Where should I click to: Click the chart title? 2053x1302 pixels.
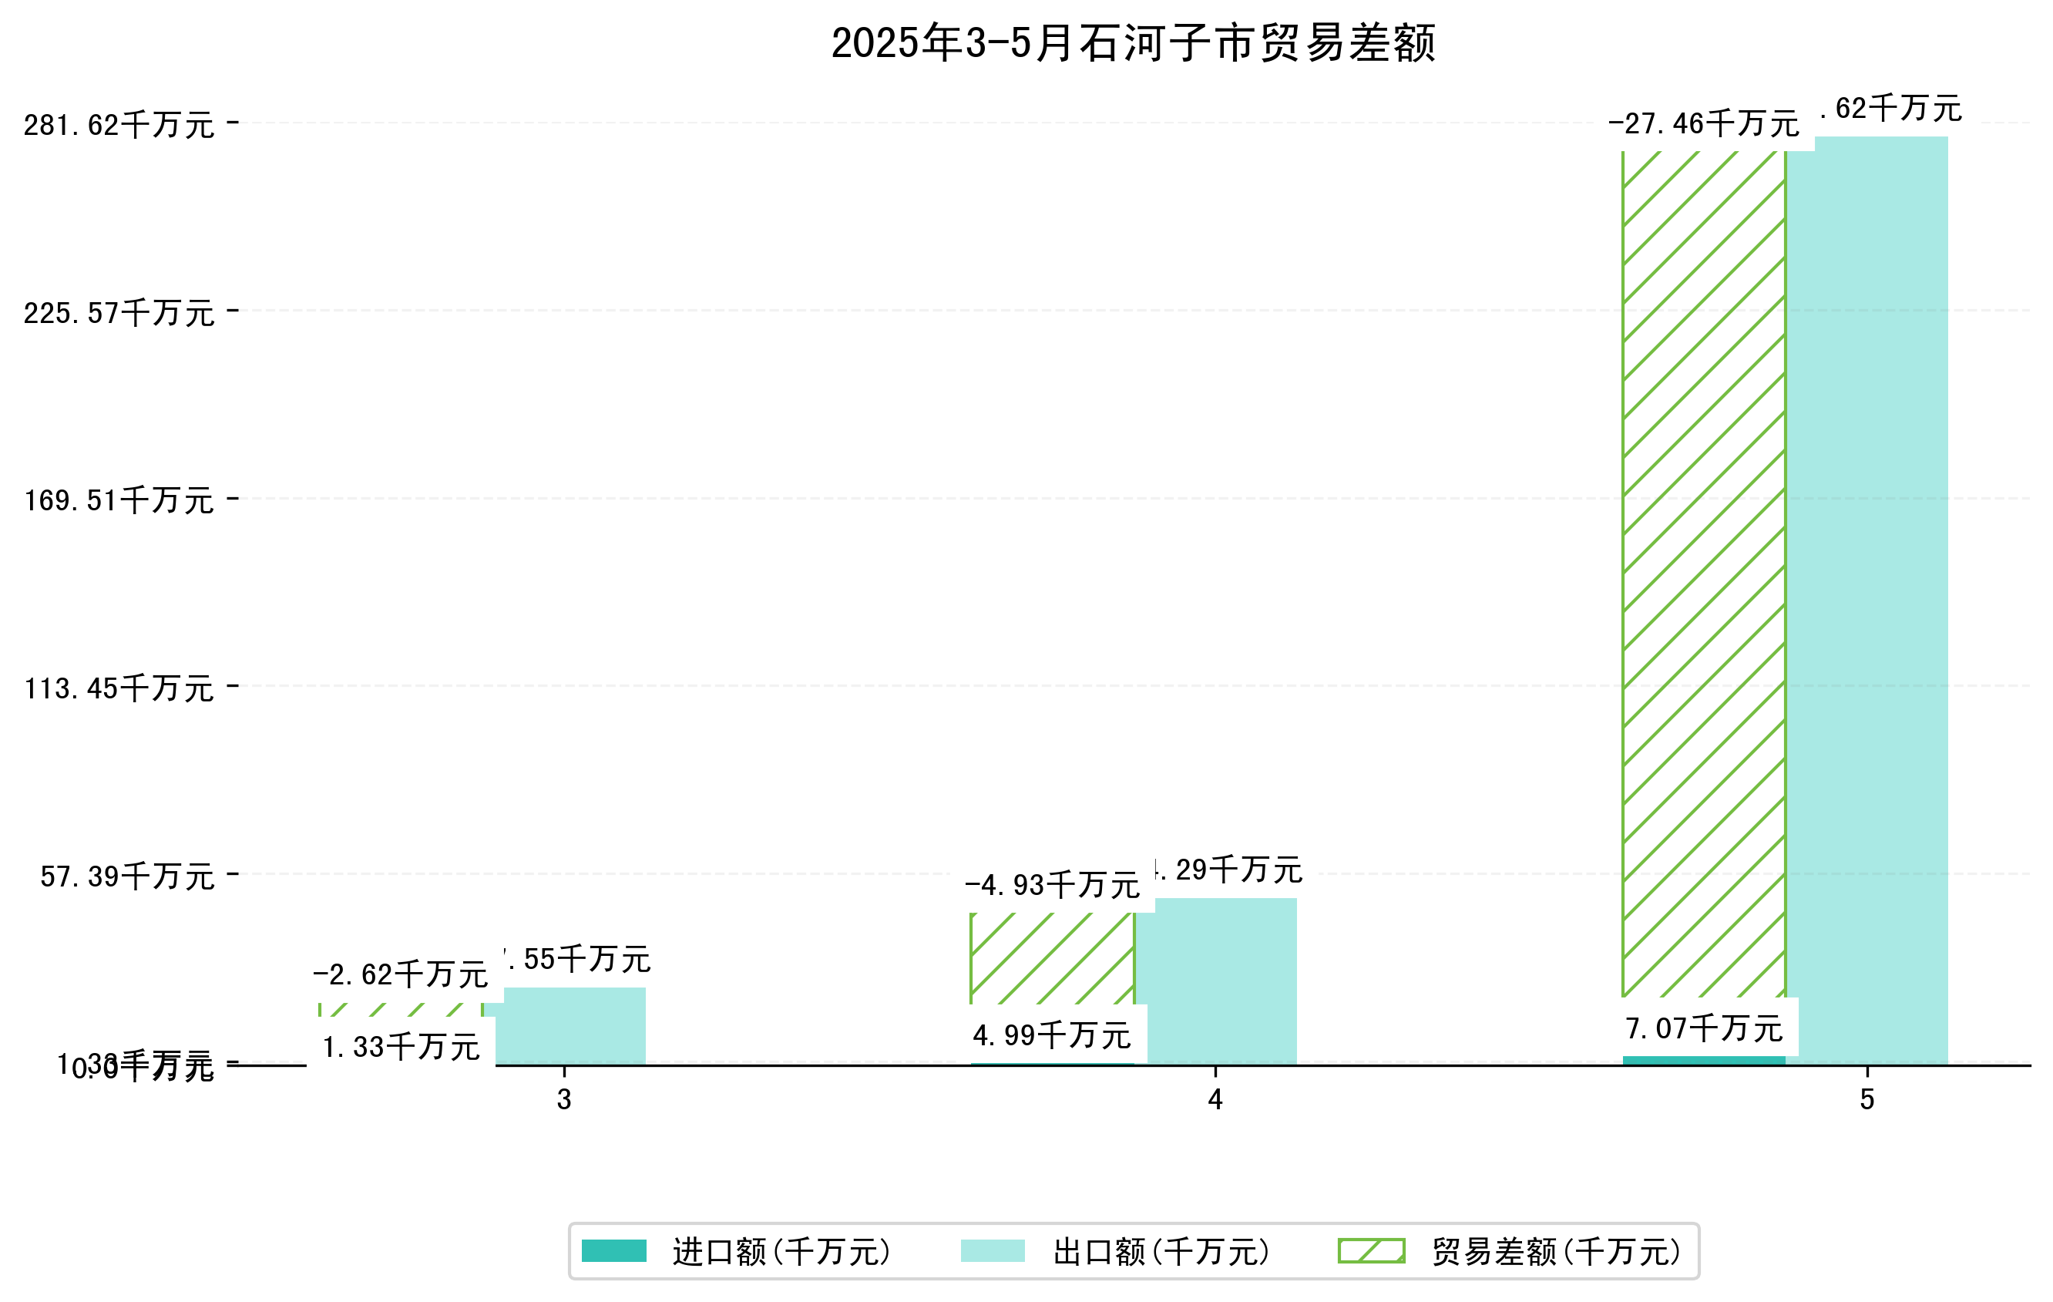(1133, 42)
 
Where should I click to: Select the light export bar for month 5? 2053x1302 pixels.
(1867, 597)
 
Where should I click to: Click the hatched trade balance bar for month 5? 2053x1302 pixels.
(1703, 571)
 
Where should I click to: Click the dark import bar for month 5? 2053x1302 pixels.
(1703, 1061)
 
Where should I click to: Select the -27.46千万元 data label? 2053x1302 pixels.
(1703, 124)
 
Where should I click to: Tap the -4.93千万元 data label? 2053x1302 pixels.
(1052, 886)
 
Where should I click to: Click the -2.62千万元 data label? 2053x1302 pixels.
(400, 974)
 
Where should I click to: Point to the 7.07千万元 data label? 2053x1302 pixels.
(1703, 1028)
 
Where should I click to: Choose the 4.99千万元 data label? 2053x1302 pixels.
(1052, 1035)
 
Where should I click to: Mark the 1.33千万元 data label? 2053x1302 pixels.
(401, 1047)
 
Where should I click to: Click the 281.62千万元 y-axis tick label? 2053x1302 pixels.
(119, 126)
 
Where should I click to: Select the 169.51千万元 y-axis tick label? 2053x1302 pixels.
(119, 500)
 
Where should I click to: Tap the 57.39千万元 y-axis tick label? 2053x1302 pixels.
(127, 876)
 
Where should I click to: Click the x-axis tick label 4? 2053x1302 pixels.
(1215, 1100)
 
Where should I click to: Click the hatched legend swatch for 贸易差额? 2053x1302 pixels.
(1371, 1251)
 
